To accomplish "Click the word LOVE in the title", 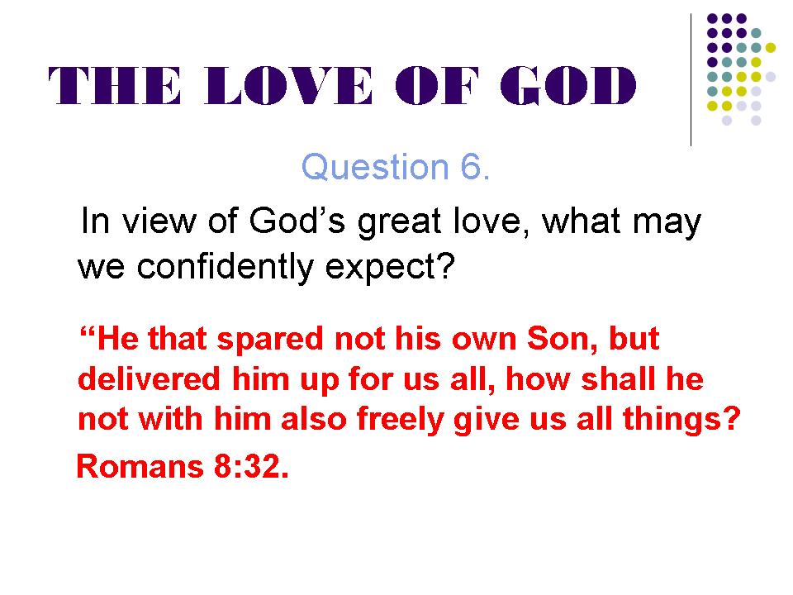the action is (x=288, y=85).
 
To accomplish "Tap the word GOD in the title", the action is (x=568, y=85).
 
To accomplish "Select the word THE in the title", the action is (x=114, y=86).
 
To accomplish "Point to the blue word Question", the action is (x=375, y=168).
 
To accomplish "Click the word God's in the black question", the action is (x=297, y=221).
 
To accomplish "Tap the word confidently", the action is (x=225, y=267).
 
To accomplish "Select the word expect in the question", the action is (x=380, y=268).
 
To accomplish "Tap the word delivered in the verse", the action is (x=150, y=378).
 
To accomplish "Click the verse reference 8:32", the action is (x=251, y=466).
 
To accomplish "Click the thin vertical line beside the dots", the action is (x=691, y=80).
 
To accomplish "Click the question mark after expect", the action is (x=447, y=265).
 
